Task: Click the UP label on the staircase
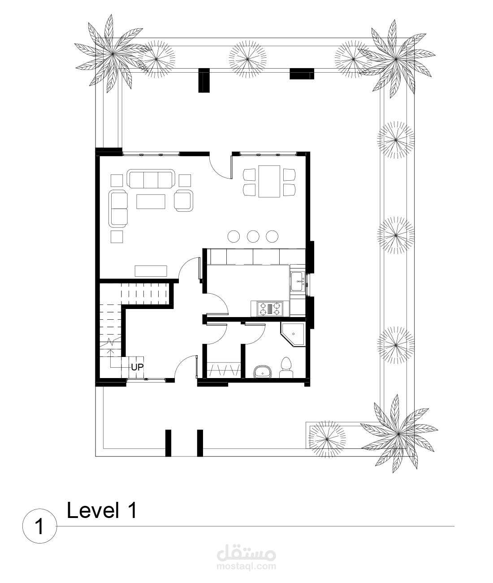137,367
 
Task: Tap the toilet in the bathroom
286,367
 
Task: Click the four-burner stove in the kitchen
270,309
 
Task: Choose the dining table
269,181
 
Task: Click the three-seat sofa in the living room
151,178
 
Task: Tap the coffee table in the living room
151,201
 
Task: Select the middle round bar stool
253,236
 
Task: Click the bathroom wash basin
263,372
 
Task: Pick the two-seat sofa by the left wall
118,209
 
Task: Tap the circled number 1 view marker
39,526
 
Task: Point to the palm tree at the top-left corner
113,53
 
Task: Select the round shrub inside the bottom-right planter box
327,439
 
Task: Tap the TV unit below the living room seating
151,271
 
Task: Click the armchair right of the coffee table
183,201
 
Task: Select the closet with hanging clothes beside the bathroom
224,370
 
